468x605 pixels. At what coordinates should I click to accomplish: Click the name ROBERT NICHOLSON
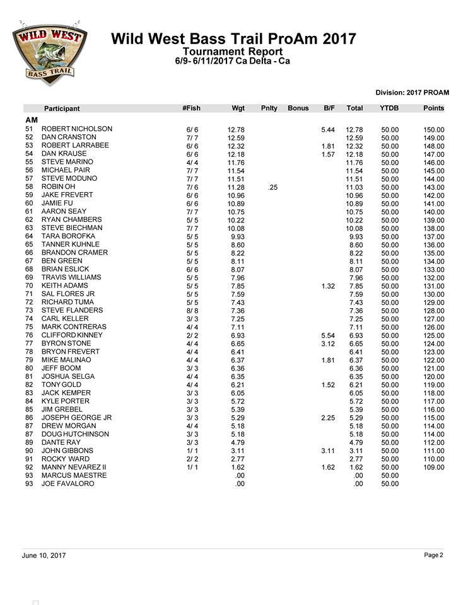76,129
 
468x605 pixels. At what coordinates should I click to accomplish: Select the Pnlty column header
269,108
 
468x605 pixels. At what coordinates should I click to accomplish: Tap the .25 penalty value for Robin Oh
272,187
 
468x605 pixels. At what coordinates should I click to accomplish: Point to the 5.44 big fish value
327,130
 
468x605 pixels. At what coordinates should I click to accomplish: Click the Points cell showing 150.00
433,130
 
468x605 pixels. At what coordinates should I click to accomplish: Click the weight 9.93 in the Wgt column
237,236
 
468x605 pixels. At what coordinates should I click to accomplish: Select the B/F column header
329,108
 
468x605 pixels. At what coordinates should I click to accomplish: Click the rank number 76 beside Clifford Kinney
29,335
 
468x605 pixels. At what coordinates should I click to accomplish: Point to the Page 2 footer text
434,555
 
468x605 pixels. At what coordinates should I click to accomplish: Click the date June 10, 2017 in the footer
44,556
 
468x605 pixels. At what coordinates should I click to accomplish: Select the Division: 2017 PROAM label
412,93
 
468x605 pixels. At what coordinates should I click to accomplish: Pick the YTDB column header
389,108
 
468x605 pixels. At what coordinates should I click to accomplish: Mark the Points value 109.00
433,468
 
